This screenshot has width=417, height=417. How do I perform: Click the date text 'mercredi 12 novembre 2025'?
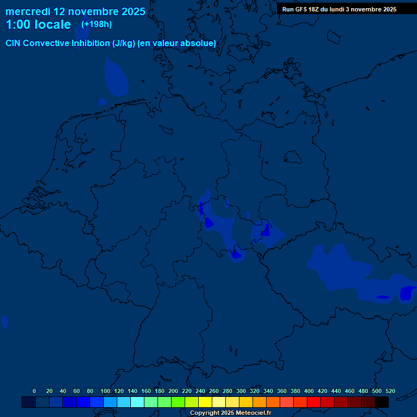pyautogui.click(x=75, y=11)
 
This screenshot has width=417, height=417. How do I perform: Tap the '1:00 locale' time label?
pyautogui.click(x=38, y=24)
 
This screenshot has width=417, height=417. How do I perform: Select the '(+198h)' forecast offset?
pyautogui.click(x=97, y=24)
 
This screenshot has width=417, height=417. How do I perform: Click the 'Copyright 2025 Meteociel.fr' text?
pyautogui.click(x=230, y=413)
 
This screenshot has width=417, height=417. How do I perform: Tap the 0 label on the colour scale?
pyautogui.click(x=34, y=391)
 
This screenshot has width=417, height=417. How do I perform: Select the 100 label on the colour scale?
pyautogui.click(x=105, y=391)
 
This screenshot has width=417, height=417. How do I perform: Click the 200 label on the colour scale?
pyautogui.click(x=173, y=391)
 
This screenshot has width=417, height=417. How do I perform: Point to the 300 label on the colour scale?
pyautogui.click(x=241, y=391)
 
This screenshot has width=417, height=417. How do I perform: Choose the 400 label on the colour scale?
pyautogui.click(x=309, y=391)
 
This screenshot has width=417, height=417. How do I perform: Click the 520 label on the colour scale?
pyautogui.click(x=390, y=391)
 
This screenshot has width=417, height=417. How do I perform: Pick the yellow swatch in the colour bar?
pyautogui.click(x=205, y=402)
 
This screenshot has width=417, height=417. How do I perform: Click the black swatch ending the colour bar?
pyautogui.click(x=382, y=402)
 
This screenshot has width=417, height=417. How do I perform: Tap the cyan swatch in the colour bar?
pyautogui.click(x=137, y=402)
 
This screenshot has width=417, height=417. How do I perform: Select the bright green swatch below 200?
pyautogui.click(x=178, y=402)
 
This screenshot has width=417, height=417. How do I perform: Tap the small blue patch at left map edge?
pyautogui.click(x=4, y=321)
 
